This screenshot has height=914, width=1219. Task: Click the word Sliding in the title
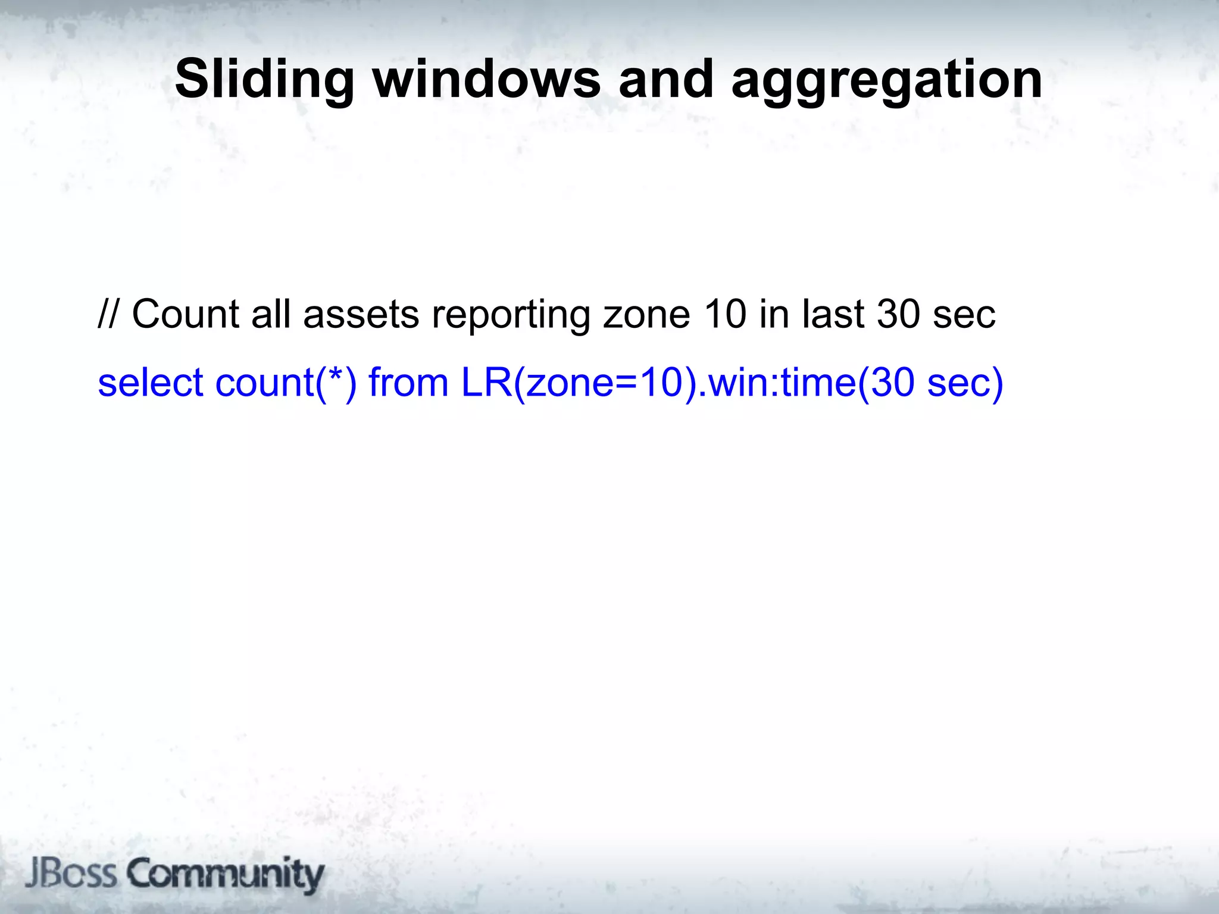(264, 80)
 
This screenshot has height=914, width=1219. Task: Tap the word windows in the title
(487, 80)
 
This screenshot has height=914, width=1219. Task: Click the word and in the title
(666, 80)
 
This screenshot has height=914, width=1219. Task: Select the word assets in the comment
(361, 315)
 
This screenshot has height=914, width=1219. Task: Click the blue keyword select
(151, 382)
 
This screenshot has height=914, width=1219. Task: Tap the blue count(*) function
(286, 383)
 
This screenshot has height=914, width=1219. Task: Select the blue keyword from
(408, 382)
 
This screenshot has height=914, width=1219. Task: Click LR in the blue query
(486, 382)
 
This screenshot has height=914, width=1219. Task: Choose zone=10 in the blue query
(604, 382)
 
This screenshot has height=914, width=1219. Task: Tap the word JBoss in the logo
(71, 874)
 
